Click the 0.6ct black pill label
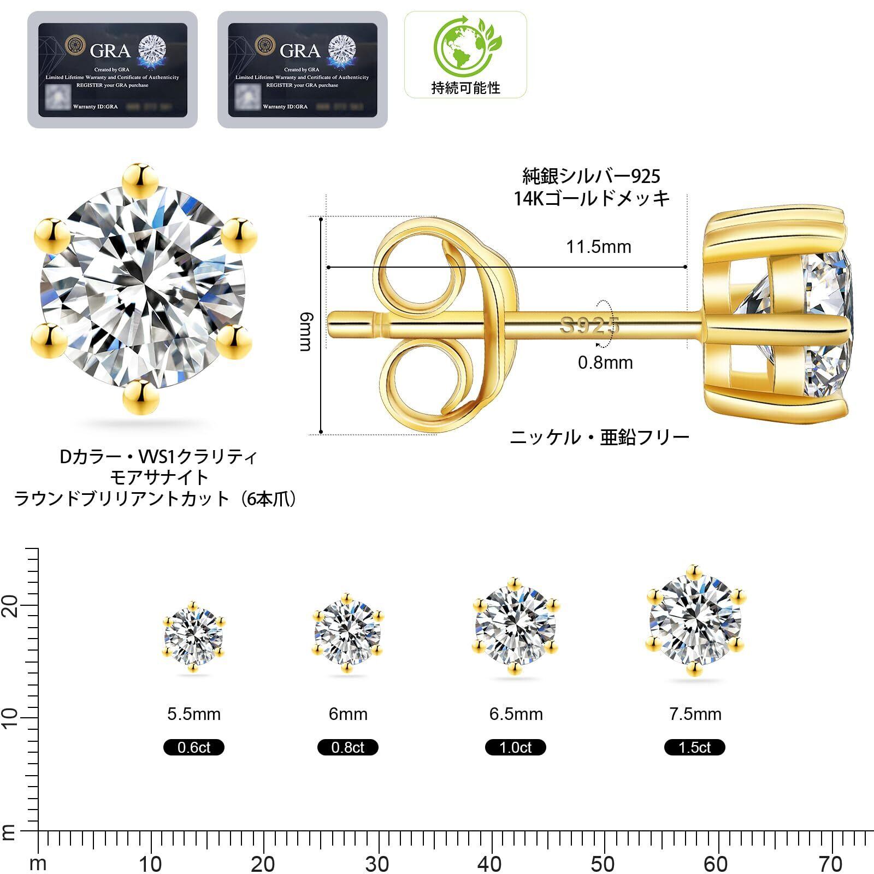pos(194,747)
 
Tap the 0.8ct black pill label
pos(348,747)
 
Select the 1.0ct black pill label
pos(516,747)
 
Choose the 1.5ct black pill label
pos(695,747)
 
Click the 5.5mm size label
pos(194,714)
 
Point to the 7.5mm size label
pos(695,714)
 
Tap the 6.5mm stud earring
pos(516,625)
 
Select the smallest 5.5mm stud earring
pos(194,637)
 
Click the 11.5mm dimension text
pos(599,247)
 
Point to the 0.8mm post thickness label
pos(605,363)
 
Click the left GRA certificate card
pos(113,70)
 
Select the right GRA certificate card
pos(302,70)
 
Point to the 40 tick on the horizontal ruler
pos(490,864)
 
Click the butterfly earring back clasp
pos(442,325)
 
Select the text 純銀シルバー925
pos(592,176)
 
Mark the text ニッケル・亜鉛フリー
pos(599,437)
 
